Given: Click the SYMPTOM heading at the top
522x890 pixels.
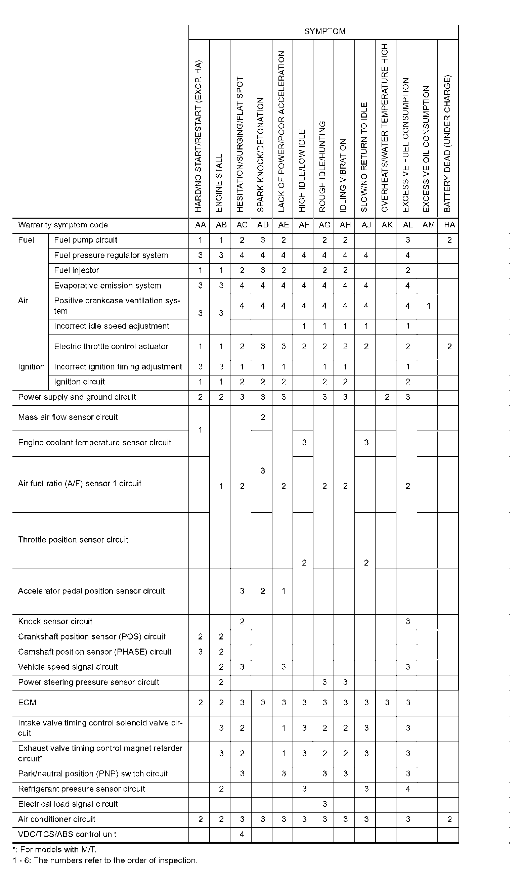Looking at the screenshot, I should coord(324,32).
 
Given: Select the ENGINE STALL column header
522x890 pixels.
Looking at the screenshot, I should coord(219,183).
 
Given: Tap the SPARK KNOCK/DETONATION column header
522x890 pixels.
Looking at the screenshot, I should coord(261,155).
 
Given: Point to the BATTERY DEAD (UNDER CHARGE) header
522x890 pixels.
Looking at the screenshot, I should coord(447,143).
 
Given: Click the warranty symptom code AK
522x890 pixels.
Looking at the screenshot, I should coord(387,225).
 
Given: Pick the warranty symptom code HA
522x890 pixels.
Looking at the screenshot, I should coord(449,225).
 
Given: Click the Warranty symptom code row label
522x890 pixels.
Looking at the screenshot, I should coord(63,225).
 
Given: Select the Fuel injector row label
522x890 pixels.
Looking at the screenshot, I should coord(76,270).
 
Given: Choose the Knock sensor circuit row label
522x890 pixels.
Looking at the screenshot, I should coord(55,621).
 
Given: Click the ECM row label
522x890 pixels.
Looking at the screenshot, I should coord(27,703).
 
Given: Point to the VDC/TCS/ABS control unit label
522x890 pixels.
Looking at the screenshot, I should coord(67,834).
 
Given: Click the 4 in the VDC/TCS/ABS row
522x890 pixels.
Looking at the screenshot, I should coord(242,834).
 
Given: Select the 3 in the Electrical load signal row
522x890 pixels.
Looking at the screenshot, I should coord(324,804).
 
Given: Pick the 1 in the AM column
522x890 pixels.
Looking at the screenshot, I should coord(428,306).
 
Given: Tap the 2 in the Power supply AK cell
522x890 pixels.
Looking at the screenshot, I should coord(387,397).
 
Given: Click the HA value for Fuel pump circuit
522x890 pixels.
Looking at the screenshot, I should coord(449,240).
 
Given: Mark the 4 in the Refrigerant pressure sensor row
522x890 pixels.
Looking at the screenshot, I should coord(407,789).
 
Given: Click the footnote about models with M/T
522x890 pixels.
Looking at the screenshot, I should coord(55,849).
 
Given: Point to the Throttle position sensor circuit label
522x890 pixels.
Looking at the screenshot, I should coord(73,540).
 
